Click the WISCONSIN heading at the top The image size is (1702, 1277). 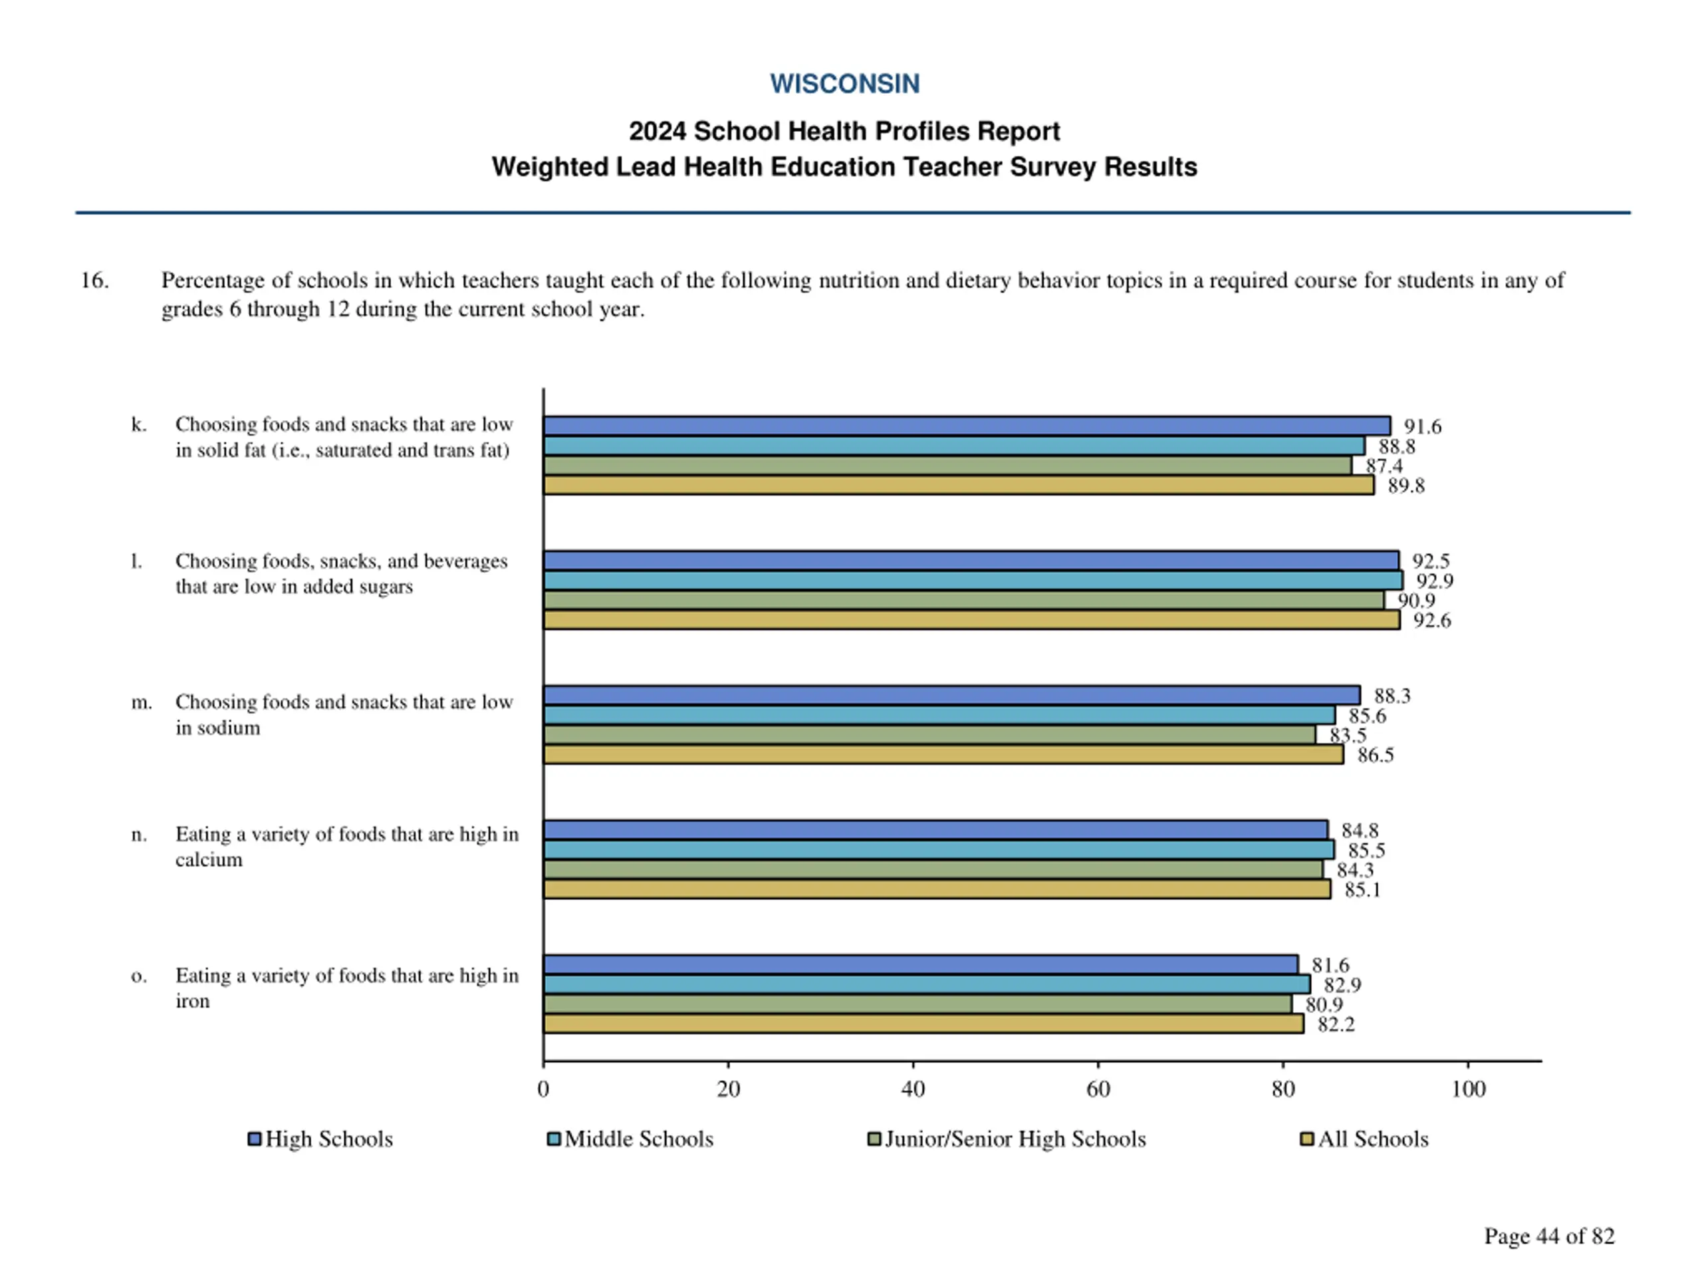tap(844, 84)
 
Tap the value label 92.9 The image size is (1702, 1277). tap(1434, 581)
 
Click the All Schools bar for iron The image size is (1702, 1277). tap(923, 1024)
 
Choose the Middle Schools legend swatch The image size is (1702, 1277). tap(553, 1139)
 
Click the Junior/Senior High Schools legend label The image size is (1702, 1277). tap(1015, 1139)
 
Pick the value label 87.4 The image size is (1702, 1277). tap(1384, 466)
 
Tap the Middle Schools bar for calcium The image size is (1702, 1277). tap(939, 850)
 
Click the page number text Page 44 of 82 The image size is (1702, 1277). tap(1549, 1236)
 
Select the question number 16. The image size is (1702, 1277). tap(94, 280)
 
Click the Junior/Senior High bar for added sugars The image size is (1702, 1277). tap(963, 601)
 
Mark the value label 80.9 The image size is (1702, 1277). tap(1324, 1004)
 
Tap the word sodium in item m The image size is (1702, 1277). tap(229, 728)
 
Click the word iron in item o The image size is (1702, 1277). tap(192, 1001)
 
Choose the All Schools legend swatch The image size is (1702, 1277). tap(1306, 1139)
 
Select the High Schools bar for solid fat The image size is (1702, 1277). tap(967, 426)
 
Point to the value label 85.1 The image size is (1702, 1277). tap(1362, 890)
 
